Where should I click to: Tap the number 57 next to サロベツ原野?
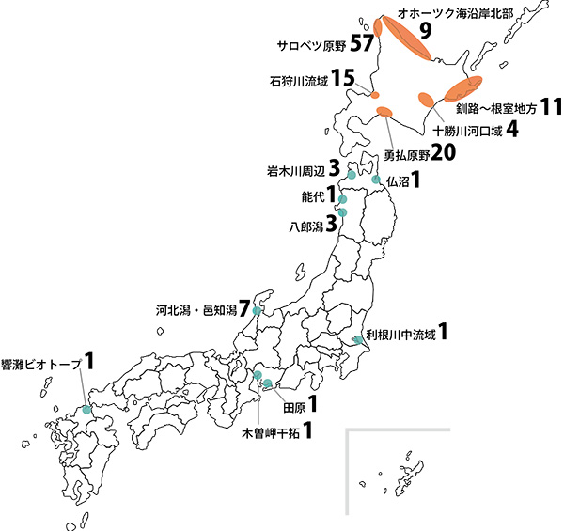(362, 43)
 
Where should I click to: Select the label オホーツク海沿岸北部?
(444, 14)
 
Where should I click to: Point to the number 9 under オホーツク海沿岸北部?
(425, 31)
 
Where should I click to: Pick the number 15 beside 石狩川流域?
(343, 79)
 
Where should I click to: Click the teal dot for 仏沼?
(376, 179)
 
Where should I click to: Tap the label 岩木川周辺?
(295, 171)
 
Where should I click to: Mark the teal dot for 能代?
(343, 199)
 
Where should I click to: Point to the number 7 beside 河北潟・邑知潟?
(244, 308)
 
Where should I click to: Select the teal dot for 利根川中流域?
(358, 339)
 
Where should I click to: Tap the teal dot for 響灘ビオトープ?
(86, 409)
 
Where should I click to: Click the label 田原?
(294, 406)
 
